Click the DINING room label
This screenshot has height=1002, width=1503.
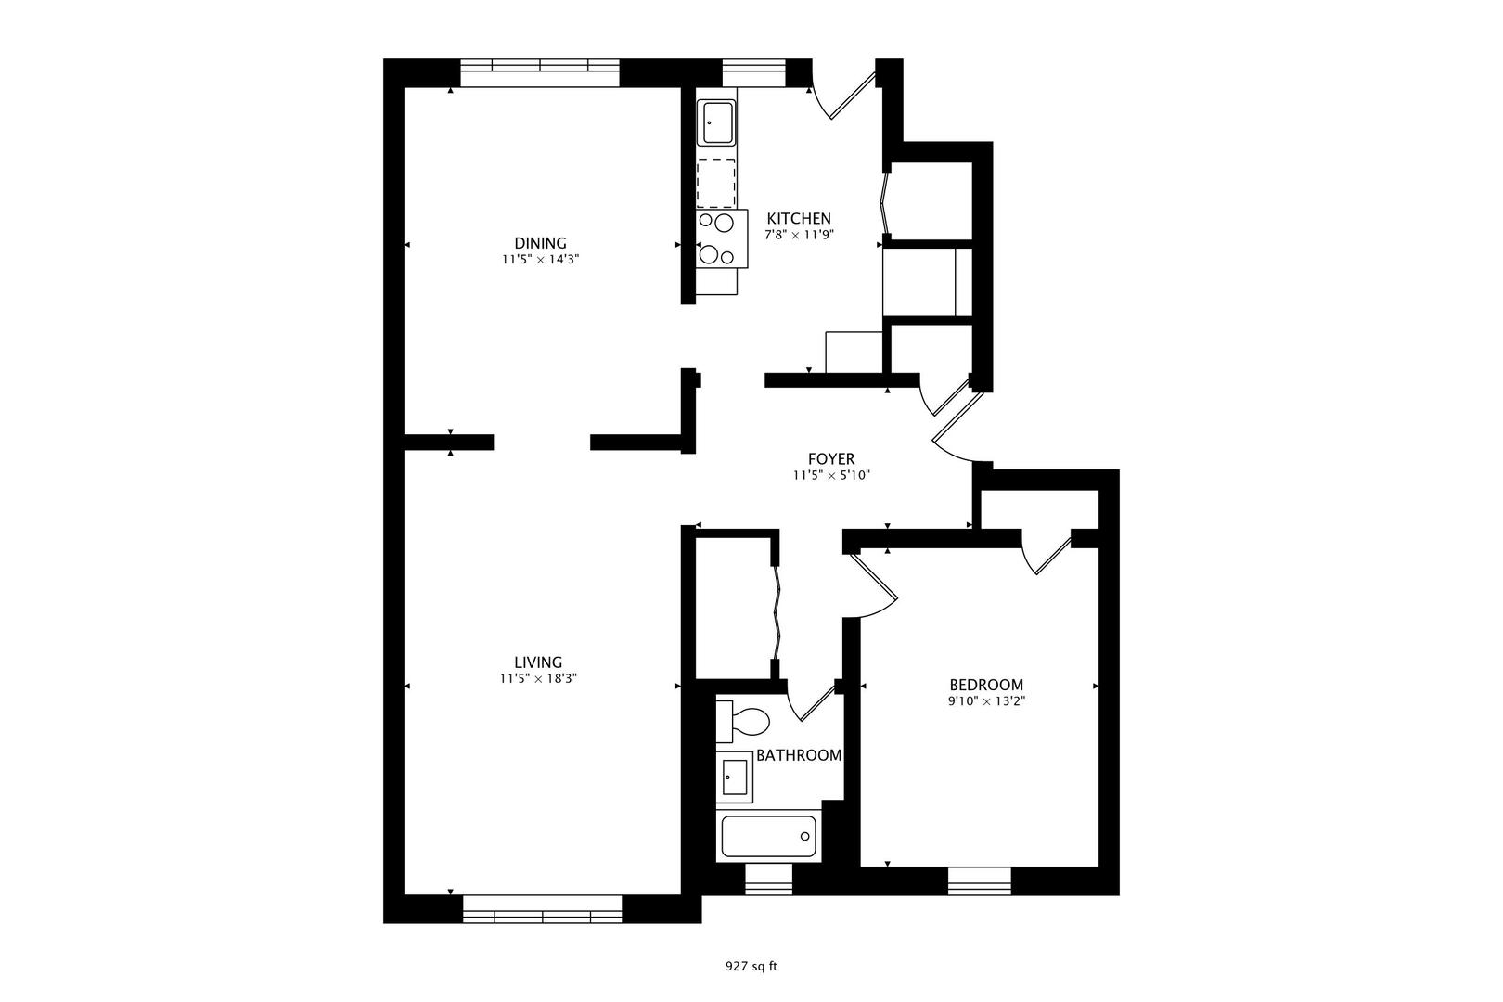pos(540,243)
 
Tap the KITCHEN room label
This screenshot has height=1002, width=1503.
pos(798,218)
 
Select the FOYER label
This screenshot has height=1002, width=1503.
pos(830,458)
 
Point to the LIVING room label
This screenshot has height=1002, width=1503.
pos(538,662)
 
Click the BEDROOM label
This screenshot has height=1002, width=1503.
pos(986,685)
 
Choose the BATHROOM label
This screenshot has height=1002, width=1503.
pos(799,755)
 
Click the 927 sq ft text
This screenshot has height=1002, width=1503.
pos(751,966)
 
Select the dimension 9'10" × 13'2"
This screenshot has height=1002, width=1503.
pos(986,701)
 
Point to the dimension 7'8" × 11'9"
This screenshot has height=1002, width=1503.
pos(799,235)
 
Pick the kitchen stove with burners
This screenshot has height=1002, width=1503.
pos(721,239)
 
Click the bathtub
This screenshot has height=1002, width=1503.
pos(768,835)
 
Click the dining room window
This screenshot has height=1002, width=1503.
pos(540,72)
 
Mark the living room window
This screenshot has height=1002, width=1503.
pos(542,909)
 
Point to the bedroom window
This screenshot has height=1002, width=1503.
pos(979,880)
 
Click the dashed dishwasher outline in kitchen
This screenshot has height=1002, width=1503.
pos(716,183)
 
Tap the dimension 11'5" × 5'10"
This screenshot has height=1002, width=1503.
pos(830,475)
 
